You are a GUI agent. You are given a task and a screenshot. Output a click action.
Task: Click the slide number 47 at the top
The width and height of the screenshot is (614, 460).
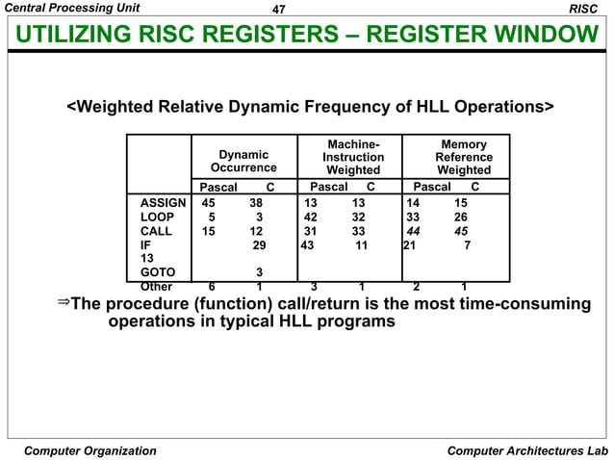click(x=280, y=9)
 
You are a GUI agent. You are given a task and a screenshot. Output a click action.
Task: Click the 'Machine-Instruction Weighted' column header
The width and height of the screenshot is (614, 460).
click(x=353, y=157)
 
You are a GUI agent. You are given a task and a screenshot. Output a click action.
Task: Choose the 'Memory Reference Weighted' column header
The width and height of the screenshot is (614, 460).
click(x=463, y=157)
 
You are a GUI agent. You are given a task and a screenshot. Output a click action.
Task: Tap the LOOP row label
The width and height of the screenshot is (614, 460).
click(x=158, y=217)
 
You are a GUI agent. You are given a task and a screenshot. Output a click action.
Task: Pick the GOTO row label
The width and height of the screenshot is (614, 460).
click(x=158, y=272)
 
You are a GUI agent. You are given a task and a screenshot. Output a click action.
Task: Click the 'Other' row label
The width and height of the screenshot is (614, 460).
click(x=158, y=286)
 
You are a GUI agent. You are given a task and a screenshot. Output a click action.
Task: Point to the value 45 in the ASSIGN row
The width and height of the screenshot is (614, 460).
click(x=208, y=204)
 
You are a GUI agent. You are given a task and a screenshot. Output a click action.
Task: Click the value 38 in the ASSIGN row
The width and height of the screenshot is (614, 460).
click(x=255, y=204)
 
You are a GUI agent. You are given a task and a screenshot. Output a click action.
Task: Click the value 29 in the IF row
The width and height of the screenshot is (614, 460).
click(x=259, y=245)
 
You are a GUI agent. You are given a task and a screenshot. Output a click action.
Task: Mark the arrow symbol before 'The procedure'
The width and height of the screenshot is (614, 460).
click(x=64, y=304)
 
